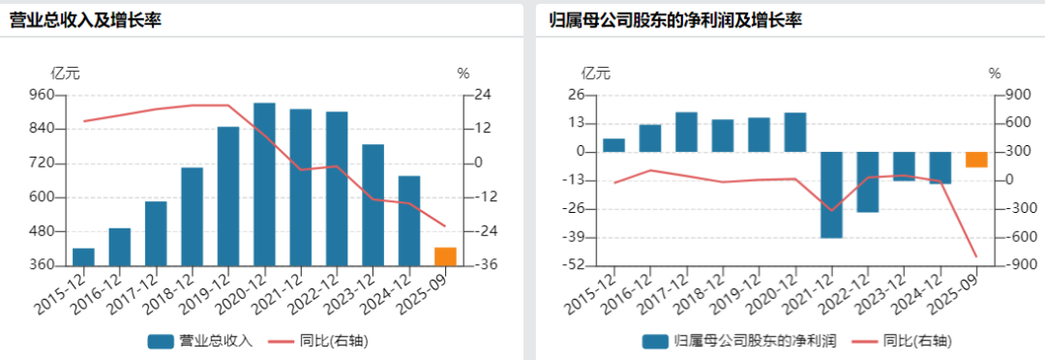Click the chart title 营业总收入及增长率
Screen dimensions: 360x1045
coord(85,19)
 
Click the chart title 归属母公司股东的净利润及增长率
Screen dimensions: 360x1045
coord(675,19)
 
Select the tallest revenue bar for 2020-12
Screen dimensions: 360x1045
coord(264,184)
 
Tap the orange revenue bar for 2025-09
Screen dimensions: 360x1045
coord(445,256)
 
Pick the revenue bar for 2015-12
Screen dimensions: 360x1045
coord(84,256)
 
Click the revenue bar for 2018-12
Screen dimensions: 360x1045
coord(193,216)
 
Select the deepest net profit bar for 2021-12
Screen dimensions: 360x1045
coord(831,195)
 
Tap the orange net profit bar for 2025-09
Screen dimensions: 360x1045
coord(975,160)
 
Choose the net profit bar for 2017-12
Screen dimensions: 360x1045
coord(686,133)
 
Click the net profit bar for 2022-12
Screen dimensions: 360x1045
coord(867,182)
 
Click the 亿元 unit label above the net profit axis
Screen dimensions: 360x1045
coord(595,73)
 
